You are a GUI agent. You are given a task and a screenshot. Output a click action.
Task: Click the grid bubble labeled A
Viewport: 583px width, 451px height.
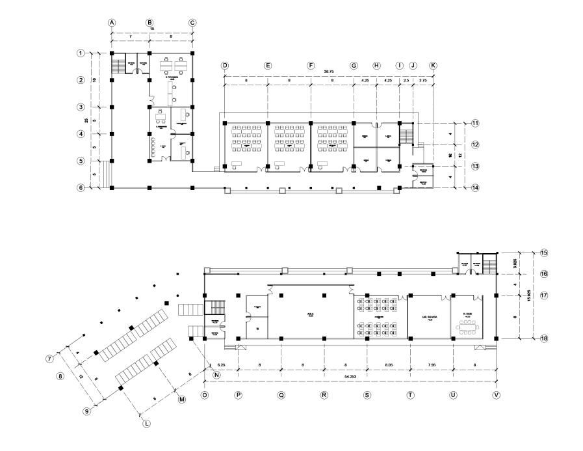[112, 22]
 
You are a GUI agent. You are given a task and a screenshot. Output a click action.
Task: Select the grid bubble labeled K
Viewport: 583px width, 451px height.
[434, 66]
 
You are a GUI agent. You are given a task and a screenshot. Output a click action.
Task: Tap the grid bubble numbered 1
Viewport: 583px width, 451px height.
[81, 53]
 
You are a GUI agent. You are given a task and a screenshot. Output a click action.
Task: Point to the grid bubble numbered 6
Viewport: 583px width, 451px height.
[81, 187]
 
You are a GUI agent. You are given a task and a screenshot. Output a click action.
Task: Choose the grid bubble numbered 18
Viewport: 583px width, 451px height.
[544, 338]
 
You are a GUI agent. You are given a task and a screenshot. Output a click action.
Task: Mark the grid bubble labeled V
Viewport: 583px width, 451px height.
[497, 395]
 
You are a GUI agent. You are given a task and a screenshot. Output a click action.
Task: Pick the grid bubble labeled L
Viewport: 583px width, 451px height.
[146, 424]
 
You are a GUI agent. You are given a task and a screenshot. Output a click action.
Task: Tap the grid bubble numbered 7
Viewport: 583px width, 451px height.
[49, 359]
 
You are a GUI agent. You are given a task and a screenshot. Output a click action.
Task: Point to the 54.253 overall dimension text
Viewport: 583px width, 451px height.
[350, 377]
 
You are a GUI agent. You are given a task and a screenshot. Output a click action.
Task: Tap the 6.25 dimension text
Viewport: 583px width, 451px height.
[221, 366]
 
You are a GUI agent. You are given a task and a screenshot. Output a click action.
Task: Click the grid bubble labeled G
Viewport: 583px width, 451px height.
[354, 66]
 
